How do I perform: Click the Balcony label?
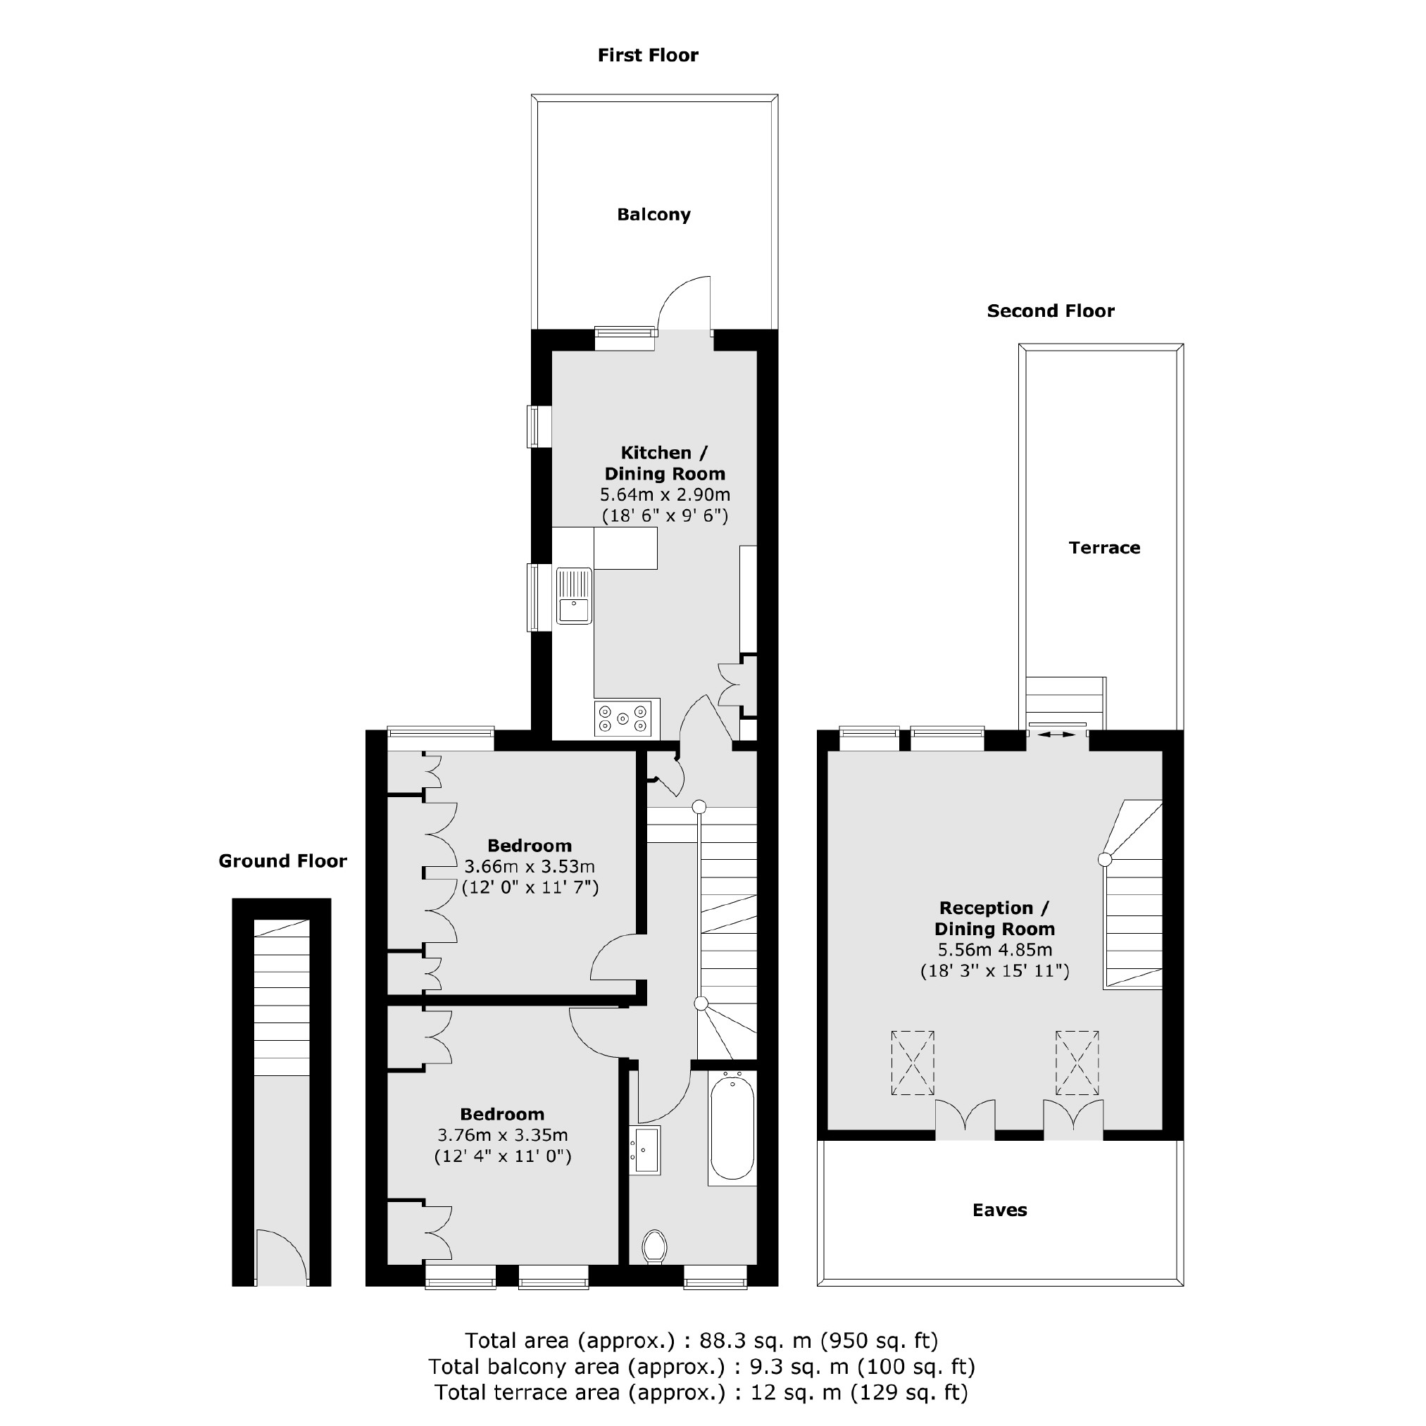654,215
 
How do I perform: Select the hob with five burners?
623,718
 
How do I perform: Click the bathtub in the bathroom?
732,1129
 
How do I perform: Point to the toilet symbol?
654,1246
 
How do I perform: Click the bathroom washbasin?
646,1150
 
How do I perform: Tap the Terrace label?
1104,548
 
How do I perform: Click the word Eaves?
999,1210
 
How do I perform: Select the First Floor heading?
647,56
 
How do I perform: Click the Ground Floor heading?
282,861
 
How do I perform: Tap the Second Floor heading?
1050,311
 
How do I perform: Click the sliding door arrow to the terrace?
1057,734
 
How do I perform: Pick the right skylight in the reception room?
1077,1063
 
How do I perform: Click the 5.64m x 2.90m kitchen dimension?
665,494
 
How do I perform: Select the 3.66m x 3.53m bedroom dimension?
530,867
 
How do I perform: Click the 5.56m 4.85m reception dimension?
994,950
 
